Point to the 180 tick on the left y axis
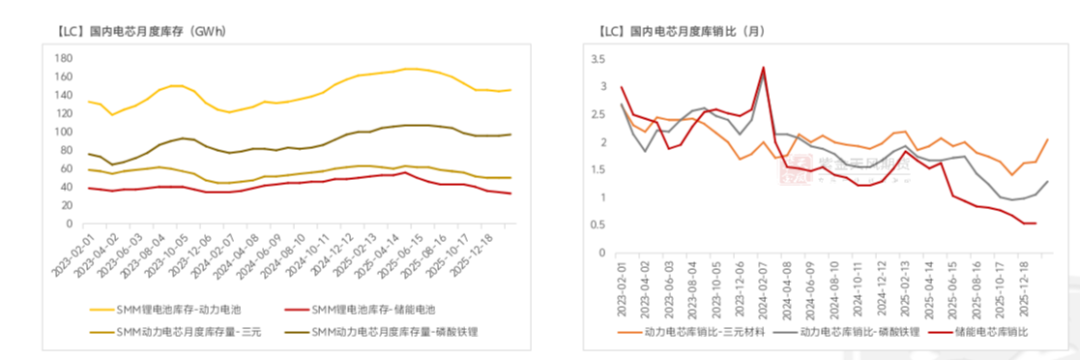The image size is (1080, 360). click(64, 58)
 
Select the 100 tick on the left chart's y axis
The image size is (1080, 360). click(64, 132)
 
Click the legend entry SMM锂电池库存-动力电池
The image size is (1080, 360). click(176, 310)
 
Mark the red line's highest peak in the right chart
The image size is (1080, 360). click(763, 68)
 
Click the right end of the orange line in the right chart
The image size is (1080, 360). click(1047, 140)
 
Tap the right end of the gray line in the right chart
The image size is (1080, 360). click(1047, 181)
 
